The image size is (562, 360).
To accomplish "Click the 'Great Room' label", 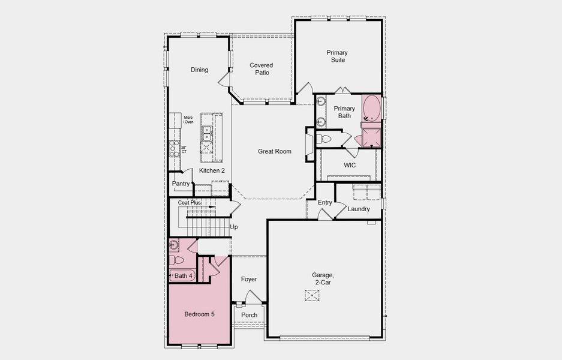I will [275, 151].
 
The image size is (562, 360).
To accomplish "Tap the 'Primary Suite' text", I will [336, 56].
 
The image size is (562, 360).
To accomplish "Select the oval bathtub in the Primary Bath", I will [372, 107].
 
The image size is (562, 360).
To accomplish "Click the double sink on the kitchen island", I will [207, 131].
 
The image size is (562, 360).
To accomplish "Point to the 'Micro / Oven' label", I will [188, 119].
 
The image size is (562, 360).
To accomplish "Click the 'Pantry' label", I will [181, 184].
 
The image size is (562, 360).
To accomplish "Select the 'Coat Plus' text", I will [190, 203].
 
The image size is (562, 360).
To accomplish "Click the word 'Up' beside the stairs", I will [234, 227].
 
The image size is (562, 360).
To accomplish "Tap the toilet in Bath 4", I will [175, 260].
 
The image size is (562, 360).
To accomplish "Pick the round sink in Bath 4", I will [173, 244].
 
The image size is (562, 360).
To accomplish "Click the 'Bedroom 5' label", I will [199, 314].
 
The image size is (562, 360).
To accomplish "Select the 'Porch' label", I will [249, 315].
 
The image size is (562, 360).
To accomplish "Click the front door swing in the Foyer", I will [254, 296].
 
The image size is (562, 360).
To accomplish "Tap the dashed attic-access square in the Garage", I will [312, 294].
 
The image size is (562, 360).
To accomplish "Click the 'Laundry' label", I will [359, 209].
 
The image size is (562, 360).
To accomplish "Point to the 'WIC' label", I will [350, 164].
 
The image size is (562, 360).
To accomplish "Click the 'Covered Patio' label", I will [262, 69].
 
